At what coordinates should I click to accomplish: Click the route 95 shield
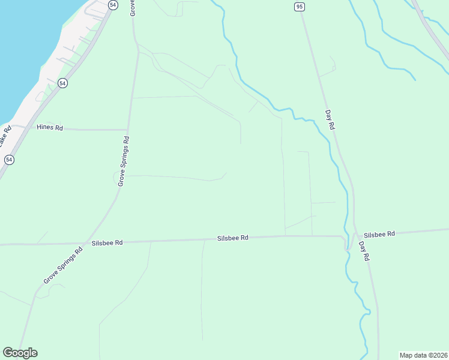click(x=300, y=6)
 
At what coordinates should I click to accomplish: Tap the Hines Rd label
click(x=50, y=127)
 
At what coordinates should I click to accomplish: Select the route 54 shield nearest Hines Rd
click(x=9, y=160)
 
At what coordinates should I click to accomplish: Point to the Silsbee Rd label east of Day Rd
click(x=379, y=234)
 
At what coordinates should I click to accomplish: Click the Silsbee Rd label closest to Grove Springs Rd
click(x=107, y=243)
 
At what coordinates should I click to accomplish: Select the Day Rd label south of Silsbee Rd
click(x=364, y=251)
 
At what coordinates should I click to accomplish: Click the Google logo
click(x=20, y=353)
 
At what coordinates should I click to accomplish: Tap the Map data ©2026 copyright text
click(x=423, y=355)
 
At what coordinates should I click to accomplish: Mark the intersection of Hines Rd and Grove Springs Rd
click(x=127, y=129)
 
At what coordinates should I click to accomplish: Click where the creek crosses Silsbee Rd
click(x=346, y=240)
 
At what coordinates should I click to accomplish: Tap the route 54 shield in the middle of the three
click(x=62, y=83)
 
